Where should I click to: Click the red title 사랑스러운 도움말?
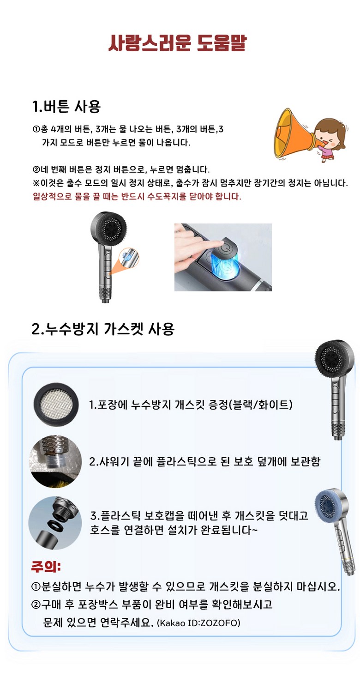pyautogui.click(x=178, y=43)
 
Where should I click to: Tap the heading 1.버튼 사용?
pyautogui.click(x=66, y=106)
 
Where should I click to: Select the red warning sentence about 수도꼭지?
pyautogui.click(x=137, y=197)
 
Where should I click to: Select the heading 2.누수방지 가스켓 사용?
pyautogui.click(x=103, y=329)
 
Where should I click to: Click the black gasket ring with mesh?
pyautogui.click(x=56, y=405)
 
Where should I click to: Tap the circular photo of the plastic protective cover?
pyautogui.click(x=55, y=461)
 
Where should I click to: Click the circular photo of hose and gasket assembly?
pyautogui.click(x=55, y=523)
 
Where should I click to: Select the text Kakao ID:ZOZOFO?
pyautogui.click(x=198, y=623)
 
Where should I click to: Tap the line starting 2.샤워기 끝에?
pyautogui.click(x=204, y=461)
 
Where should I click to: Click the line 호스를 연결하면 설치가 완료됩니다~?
pyautogui.click(x=174, y=530)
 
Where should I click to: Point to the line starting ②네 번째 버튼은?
pyautogui.click(x=121, y=169)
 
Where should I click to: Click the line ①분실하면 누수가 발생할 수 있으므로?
pyautogui.click(x=186, y=586)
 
